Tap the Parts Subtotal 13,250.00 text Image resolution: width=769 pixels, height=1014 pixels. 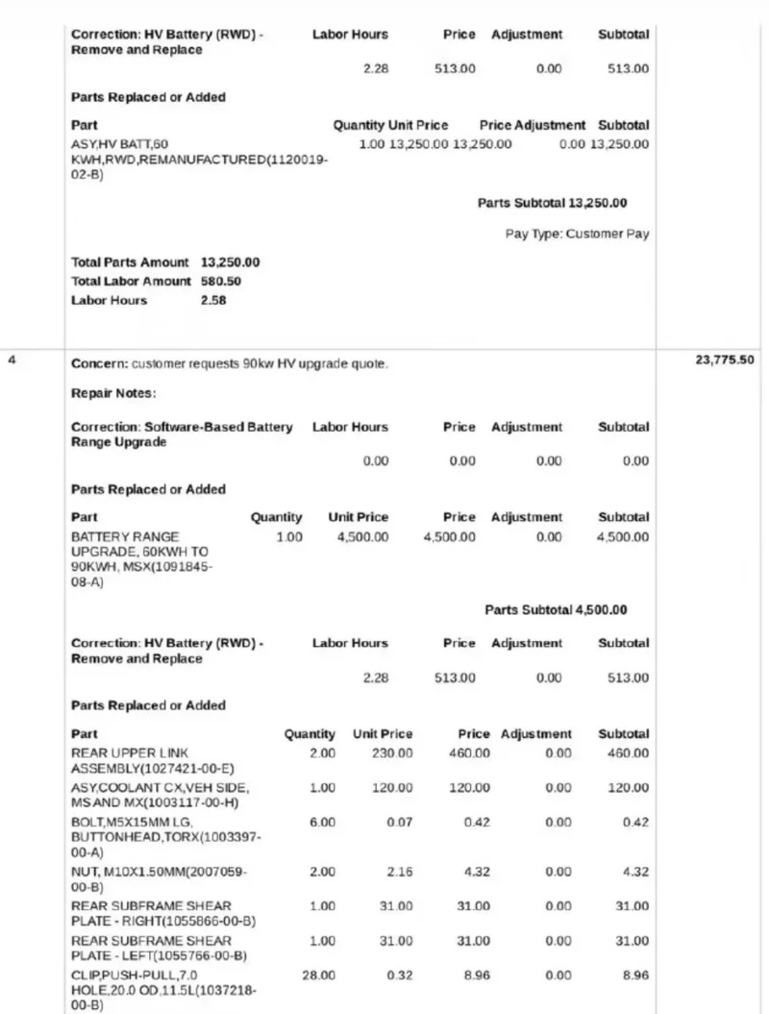(553, 204)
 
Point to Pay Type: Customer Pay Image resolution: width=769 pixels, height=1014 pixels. (578, 234)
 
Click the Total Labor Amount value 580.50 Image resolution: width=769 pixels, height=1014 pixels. (220, 282)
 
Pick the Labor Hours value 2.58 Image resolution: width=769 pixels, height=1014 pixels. (213, 301)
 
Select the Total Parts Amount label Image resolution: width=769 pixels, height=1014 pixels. (132, 262)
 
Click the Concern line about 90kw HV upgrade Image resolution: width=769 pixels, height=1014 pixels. (230, 364)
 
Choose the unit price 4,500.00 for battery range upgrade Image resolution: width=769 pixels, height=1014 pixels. (361, 537)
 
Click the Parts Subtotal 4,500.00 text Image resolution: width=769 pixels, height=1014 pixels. (556, 610)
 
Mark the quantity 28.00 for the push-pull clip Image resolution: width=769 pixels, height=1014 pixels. (319, 975)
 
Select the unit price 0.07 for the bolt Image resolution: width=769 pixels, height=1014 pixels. (400, 823)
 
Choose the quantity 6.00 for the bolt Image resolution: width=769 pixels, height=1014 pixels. (322, 823)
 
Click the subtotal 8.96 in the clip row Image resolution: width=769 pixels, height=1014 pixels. (634, 975)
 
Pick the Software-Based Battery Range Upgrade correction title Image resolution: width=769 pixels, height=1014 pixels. (182, 434)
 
